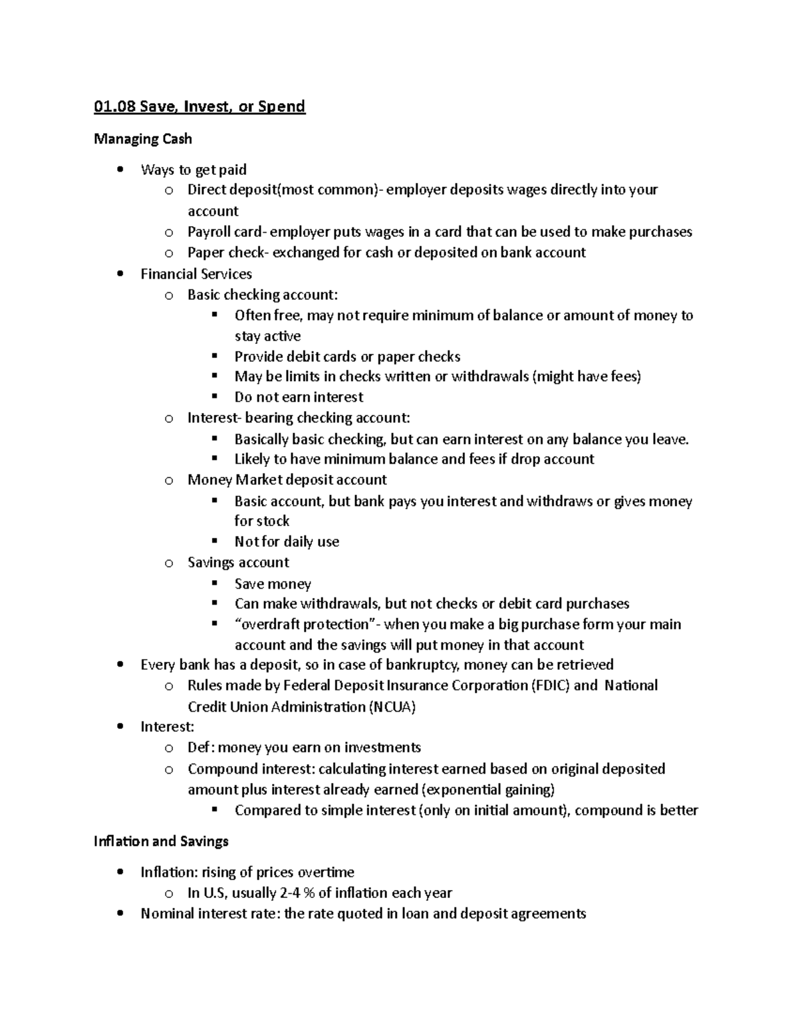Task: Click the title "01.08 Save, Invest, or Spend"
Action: pos(199,106)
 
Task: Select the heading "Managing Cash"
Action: pos(143,139)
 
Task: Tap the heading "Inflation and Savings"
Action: pos(161,841)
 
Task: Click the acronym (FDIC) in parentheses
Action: pos(551,686)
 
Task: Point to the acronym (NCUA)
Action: pos(392,707)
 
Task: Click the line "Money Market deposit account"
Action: pos(287,480)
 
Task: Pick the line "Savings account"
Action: pos(238,563)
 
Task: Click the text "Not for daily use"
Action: pos(287,542)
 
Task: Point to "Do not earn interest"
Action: pos(299,397)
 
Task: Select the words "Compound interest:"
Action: pos(251,769)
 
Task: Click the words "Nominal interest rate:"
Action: pos(210,914)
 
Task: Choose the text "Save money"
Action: pos(273,584)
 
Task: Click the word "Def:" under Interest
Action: pos(201,748)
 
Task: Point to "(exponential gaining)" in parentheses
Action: pos(489,790)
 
